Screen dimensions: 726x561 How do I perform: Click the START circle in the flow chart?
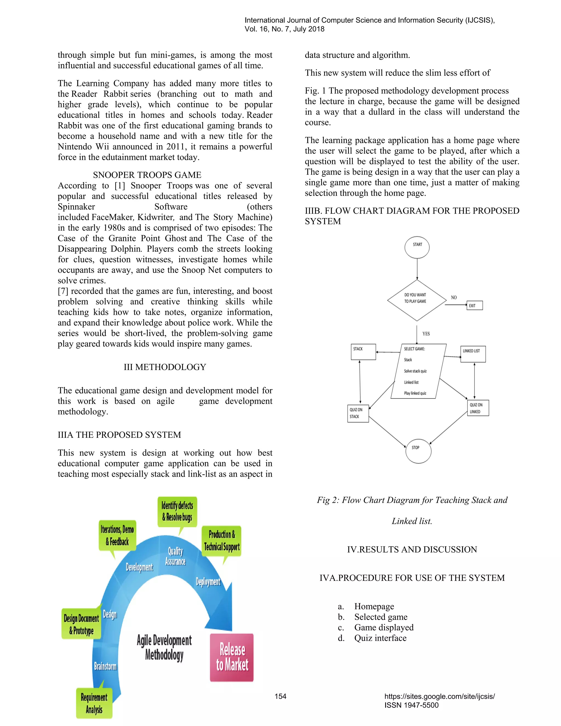coord(417,248)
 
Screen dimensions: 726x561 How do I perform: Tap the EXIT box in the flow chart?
coord(475,305)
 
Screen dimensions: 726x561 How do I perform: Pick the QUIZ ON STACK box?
coord(358,413)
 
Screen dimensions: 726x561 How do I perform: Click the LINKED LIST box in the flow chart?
coord(473,354)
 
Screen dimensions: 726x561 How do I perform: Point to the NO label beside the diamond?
coord(454,298)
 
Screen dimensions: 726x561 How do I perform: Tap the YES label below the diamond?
coord(426,334)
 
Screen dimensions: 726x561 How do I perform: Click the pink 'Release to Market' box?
coord(232,658)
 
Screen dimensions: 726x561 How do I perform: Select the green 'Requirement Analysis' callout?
coord(95,703)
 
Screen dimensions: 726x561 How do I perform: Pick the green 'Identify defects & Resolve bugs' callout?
coord(177,511)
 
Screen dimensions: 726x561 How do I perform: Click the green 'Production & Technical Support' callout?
coord(221,541)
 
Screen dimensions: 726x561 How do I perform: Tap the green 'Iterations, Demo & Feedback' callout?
coord(117,536)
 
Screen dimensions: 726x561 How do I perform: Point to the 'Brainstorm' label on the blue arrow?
coord(105,666)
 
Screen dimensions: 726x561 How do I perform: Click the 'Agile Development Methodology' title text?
coord(164,648)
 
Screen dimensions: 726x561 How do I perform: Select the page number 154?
coord(280,696)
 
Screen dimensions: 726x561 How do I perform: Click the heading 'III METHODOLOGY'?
coord(165,367)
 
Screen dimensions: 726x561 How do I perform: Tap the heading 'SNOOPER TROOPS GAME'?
coord(147,175)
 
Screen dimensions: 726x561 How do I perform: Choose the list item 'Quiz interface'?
coord(380,638)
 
